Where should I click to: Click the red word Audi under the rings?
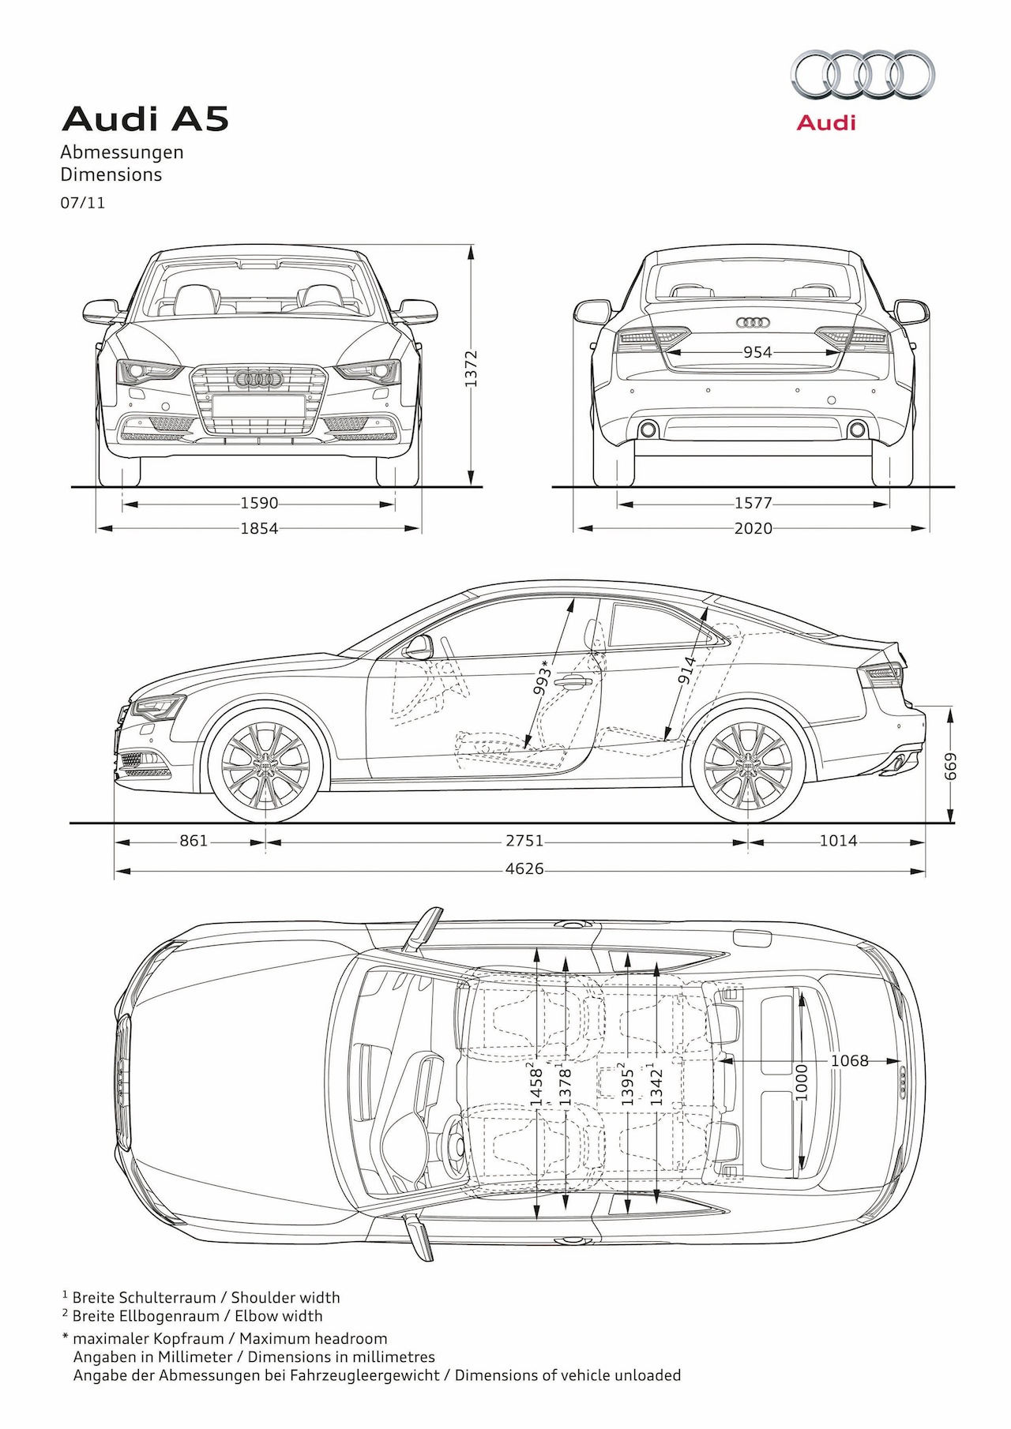826,123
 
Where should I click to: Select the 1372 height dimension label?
472,369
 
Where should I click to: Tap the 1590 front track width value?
259,503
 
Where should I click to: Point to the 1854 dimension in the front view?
259,528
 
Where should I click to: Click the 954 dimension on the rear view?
757,352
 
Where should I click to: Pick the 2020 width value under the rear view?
753,528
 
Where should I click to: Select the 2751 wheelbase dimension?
524,842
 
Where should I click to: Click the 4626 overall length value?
524,869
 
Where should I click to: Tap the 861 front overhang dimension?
194,842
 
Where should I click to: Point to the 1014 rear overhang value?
837,842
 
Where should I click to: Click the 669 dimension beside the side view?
951,766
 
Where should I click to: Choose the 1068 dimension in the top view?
849,1061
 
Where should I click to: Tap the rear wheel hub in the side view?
747,765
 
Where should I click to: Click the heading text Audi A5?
145,119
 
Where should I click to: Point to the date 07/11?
83,203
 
